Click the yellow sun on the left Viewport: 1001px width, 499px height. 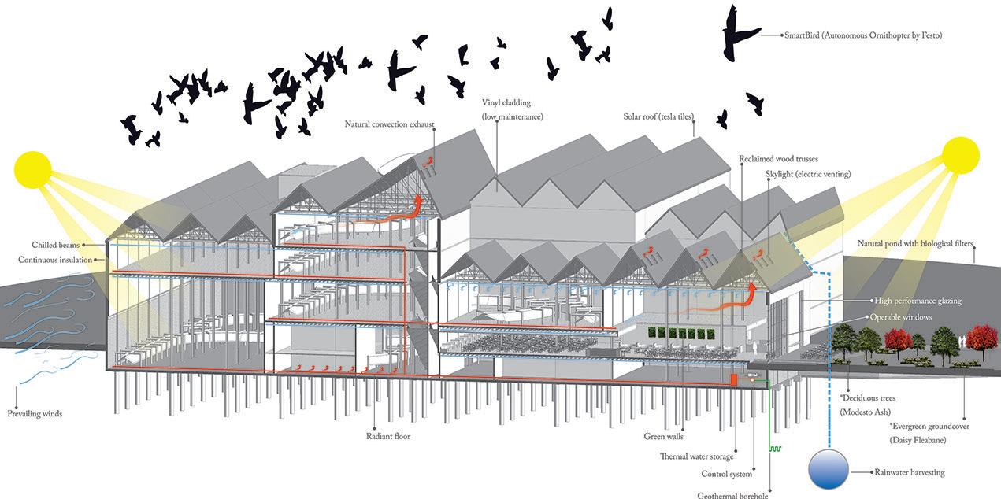point(32,168)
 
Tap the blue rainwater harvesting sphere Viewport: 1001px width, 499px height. point(828,470)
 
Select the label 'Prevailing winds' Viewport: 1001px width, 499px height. point(35,413)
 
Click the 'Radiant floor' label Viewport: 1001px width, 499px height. point(388,436)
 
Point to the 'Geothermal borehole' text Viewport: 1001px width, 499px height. point(733,494)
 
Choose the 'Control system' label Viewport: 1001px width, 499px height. point(726,474)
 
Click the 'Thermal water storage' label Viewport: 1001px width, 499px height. point(697,456)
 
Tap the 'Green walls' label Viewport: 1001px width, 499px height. point(664,436)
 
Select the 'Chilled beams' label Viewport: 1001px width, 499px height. point(56,245)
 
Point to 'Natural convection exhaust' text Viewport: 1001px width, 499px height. point(389,124)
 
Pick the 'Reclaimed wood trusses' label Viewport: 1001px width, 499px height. point(778,159)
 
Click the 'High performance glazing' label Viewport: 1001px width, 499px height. point(918,301)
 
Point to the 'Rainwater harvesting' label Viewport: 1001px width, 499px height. point(909,472)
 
